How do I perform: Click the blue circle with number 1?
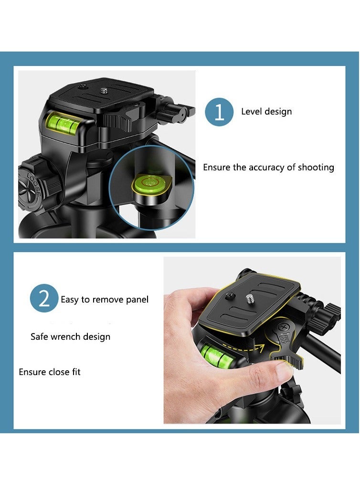pyautogui.click(x=219, y=112)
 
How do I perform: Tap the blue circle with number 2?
pyautogui.click(x=44, y=299)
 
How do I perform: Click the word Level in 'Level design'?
pyautogui.click(x=251, y=112)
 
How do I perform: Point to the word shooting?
pyautogui.click(x=316, y=167)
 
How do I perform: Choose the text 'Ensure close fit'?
pyautogui.click(x=50, y=372)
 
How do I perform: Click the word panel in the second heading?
pyautogui.click(x=138, y=300)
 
